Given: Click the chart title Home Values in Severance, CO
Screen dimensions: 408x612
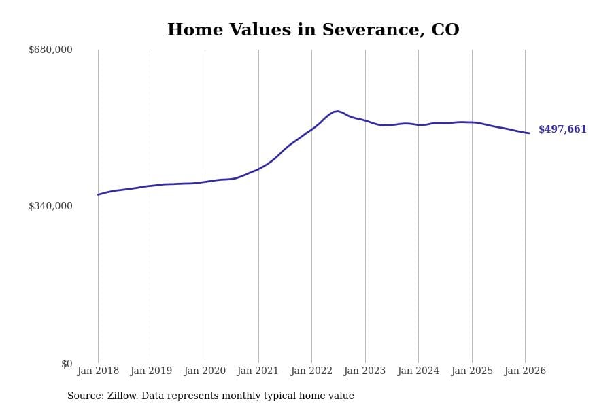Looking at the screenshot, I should point(313,31).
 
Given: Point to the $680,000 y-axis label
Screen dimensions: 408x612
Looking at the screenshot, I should point(50,50).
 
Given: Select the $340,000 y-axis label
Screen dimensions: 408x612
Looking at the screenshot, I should point(50,206).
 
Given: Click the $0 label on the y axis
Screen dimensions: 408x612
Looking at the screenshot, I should point(67,364).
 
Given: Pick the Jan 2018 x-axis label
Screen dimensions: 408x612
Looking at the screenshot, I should point(98,371).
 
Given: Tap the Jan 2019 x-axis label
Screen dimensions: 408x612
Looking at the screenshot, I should point(151,371).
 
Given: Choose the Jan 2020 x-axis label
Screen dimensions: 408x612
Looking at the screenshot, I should point(205,371).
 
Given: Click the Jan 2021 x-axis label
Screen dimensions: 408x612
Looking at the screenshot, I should point(258,371).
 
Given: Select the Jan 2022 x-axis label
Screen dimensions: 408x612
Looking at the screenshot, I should point(311,371).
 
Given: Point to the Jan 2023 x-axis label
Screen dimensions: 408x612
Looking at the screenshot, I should point(364,371).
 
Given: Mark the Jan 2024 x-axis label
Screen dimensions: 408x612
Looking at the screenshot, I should point(418,371).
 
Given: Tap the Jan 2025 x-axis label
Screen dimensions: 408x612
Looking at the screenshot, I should point(471,371).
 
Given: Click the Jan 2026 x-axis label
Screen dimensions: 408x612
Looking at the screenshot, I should point(525,371).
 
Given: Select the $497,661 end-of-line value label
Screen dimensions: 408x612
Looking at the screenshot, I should point(562,130).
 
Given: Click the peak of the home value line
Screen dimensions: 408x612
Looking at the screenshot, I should point(337,111).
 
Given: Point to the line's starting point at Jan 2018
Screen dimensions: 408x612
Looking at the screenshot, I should point(98,194).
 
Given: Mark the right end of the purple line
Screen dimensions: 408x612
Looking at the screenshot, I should point(529,133).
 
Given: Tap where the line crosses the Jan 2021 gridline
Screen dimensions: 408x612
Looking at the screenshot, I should point(258,169).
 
